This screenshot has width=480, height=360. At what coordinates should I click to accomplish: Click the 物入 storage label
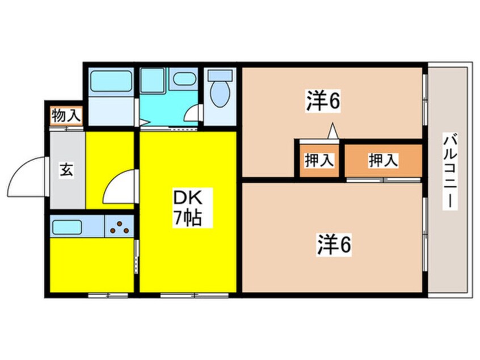[66, 116]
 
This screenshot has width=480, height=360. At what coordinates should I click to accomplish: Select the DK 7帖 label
[187, 207]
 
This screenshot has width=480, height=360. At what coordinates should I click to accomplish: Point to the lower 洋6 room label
[334, 244]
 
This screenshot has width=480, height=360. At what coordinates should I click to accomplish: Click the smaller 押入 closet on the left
[319, 160]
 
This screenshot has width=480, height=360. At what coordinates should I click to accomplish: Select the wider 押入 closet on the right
[384, 160]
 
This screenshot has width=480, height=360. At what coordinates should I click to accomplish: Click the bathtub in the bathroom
[111, 81]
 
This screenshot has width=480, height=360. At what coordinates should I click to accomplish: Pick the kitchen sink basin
[67, 227]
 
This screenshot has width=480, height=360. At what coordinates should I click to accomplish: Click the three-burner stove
[119, 227]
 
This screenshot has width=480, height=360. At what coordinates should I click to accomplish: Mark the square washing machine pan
[153, 79]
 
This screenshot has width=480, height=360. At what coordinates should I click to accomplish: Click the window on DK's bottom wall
[195, 295]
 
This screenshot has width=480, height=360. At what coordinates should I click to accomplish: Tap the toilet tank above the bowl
[220, 76]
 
